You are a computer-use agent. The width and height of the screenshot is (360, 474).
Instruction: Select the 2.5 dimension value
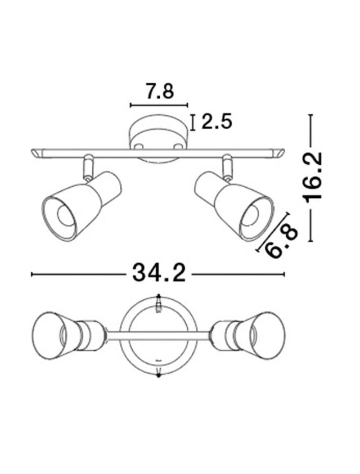click(x=217, y=122)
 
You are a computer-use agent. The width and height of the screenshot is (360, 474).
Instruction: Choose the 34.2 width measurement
click(x=159, y=274)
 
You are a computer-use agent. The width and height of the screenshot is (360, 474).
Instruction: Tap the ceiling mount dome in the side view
click(x=158, y=135)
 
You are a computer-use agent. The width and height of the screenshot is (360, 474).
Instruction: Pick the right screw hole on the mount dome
click(x=178, y=146)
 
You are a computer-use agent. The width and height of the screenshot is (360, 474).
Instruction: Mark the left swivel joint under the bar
click(x=88, y=168)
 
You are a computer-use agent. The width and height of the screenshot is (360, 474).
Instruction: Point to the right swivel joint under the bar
click(x=227, y=168)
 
